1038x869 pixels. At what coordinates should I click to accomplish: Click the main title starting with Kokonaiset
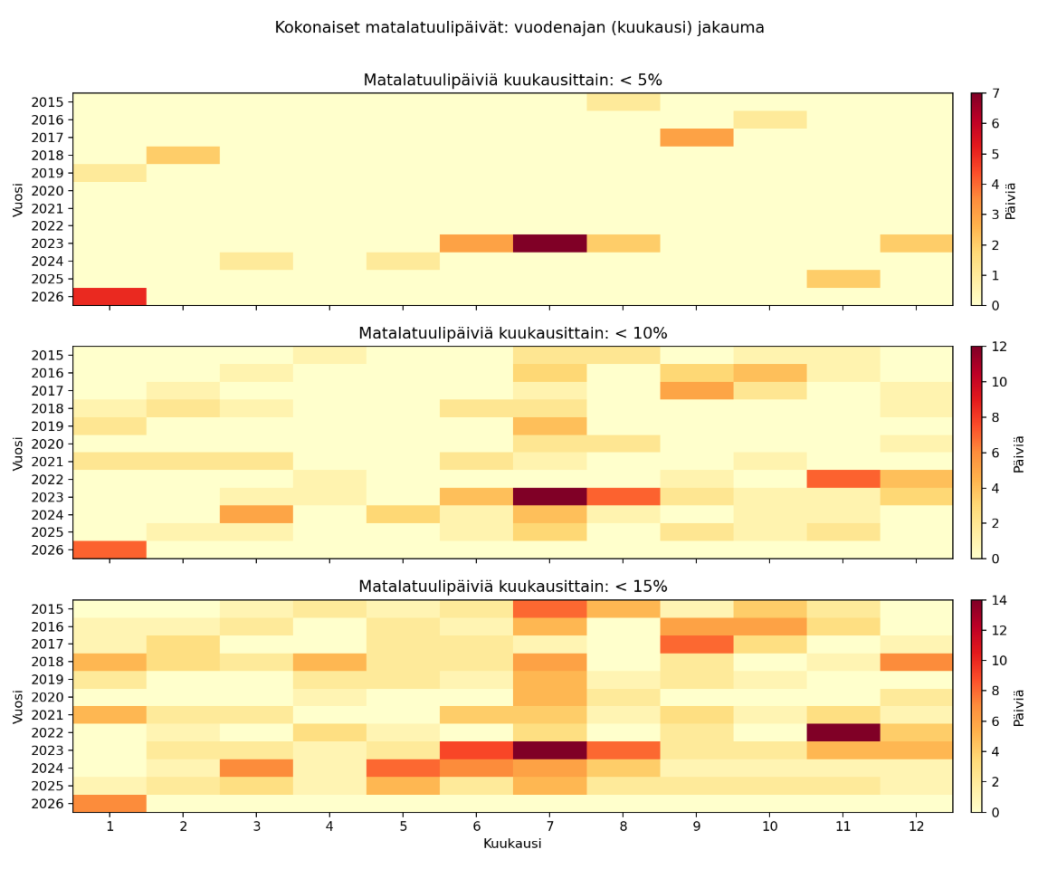tap(519, 28)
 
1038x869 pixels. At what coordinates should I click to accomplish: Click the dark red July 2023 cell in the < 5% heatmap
tap(549, 244)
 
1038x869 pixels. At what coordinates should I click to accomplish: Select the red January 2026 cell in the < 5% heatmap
tap(110, 297)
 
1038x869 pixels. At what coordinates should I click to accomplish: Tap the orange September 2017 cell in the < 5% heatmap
tap(696, 138)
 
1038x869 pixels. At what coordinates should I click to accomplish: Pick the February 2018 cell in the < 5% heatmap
tap(183, 155)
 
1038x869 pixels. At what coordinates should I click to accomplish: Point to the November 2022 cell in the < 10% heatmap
tap(843, 479)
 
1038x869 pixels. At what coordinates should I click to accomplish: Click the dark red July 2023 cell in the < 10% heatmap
tap(549, 497)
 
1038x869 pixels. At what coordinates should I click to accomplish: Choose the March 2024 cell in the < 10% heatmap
tap(256, 514)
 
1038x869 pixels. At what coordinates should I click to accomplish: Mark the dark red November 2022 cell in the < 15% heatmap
tap(843, 732)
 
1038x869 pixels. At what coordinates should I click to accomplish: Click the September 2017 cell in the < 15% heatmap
tap(696, 644)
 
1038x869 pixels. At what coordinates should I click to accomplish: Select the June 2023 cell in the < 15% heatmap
tap(476, 750)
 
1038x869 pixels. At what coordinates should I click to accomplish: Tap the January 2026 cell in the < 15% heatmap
tap(110, 803)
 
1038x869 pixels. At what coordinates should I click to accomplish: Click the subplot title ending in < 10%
tap(512, 333)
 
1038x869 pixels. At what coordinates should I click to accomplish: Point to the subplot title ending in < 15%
tap(512, 587)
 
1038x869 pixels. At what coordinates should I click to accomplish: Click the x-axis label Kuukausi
tap(512, 844)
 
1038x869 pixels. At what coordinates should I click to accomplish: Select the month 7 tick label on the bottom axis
tap(549, 826)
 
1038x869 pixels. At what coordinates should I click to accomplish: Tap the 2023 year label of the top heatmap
tap(47, 244)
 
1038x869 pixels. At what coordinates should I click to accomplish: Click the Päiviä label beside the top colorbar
tap(1011, 200)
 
